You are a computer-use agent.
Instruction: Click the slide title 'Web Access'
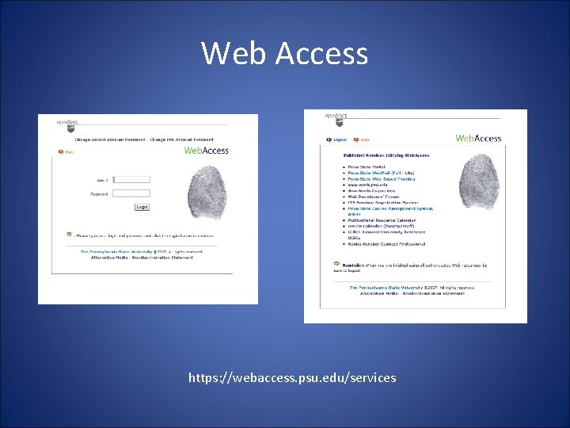pos(284,53)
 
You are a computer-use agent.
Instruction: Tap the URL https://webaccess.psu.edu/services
pos(292,378)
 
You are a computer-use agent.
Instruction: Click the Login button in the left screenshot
pos(142,207)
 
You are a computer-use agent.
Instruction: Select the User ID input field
pos(131,180)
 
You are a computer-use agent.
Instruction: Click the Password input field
pos(131,193)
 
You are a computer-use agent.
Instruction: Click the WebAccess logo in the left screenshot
pos(206,150)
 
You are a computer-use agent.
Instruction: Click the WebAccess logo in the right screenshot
pos(478,138)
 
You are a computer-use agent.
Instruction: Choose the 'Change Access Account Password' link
pos(109,140)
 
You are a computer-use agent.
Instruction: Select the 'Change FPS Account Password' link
pos(181,140)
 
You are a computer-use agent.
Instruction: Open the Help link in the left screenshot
pos(68,151)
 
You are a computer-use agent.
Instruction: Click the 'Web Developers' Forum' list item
pos(374,197)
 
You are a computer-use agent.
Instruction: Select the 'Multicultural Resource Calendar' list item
pos(382,220)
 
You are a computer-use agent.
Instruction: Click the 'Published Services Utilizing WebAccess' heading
pos(375,156)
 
